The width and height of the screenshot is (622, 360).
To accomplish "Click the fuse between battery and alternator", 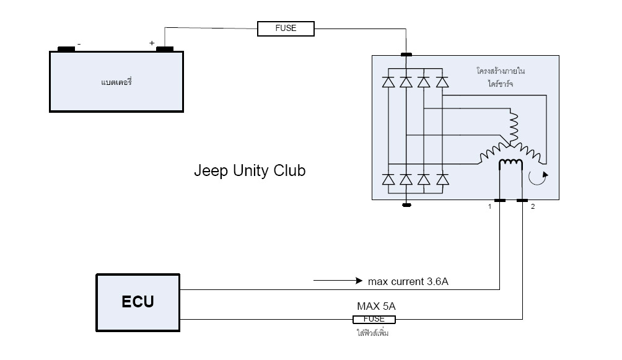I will pyautogui.click(x=286, y=28).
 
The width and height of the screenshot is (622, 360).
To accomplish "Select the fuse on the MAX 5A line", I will pyautogui.click(x=374, y=319).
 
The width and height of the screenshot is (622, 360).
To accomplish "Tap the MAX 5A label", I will pyautogui.click(x=376, y=306).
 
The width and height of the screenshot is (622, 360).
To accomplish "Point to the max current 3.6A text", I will pyautogui.click(x=408, y=281).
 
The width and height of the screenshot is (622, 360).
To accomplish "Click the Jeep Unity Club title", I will pyautogui.click(x=250, y=170).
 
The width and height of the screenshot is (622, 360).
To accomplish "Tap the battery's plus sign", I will pyautogui.click(x=152, y=43).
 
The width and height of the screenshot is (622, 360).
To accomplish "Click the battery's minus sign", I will pyautogui.click(x=79, y=44).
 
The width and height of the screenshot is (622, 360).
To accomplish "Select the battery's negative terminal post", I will pyautogui.click(x=66, y=49).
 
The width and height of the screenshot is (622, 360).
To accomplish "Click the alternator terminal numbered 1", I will pyautogui.click(x=500, y=201).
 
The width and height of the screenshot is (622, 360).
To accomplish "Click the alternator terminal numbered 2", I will pyautogui.click(x=522, y=201).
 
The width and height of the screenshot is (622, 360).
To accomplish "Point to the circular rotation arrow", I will pyautogui.click(x=536, y=178).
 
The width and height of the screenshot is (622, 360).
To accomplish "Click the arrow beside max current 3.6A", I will pyautogui.click(x=338, y=281).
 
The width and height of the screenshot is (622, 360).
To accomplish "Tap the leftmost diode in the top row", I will pyautogui.click(x=388, y=81).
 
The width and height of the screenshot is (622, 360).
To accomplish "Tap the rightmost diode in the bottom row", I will pyautogui.click(x=442, y=180).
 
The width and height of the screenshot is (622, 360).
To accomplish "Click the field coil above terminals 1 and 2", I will pyautogui.click(x=511, y=164).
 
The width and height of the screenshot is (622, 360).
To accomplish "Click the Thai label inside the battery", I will pyautogui.click(x=117, y=82).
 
